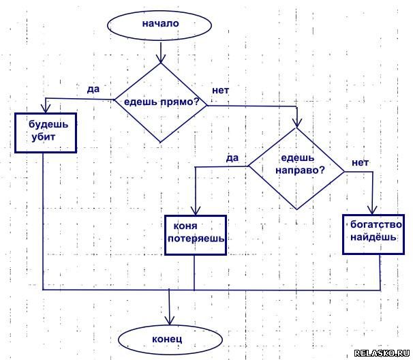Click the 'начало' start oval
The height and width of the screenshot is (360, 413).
pos(160,25)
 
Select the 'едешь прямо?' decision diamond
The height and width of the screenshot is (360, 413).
pos(160,102)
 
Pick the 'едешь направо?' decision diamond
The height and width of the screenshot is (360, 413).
pos(296,168)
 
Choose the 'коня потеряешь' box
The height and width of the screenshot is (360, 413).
pos(194,234)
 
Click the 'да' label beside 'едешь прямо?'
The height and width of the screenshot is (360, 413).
pos(93,89)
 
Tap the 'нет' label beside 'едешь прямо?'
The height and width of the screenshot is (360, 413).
pos(220,90)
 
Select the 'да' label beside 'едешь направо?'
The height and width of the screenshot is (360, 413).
pos(232,157)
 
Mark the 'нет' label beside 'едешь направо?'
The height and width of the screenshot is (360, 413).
pos(360,162)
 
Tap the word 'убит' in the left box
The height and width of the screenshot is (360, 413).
pos(42,138)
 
